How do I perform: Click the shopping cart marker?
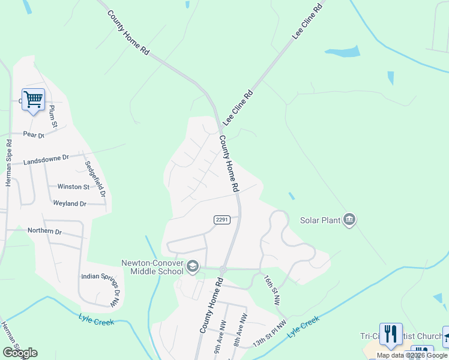pos(34,100)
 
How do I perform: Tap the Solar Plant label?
pos(320,220)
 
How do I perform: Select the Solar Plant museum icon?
pos(349,220)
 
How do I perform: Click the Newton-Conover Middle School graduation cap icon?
pos(193,266)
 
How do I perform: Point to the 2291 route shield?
pos(222,220)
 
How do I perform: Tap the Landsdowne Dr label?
pos(46,160)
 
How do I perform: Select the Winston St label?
pos(73,187)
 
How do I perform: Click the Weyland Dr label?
pos(70,204)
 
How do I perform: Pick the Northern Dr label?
pos(45,231)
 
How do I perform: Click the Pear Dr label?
pos(34,135)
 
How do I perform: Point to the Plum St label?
pos(52,116)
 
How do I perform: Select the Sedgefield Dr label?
pos(95,179)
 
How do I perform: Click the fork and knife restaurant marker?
pos(391,334)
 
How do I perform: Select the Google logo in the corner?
pos(20,353)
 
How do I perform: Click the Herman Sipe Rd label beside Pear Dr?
pos(8,163)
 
